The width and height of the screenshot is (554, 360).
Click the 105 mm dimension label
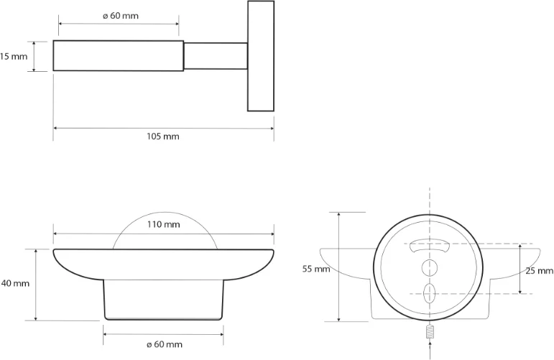click(x=163, y=137)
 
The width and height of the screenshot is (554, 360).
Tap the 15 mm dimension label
click(x=14, y=56)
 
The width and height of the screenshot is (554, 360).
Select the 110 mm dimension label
click(x=164, y=224)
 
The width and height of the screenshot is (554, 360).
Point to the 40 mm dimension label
click(x=15, y=283)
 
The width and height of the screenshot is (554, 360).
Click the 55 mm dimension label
click(x=316, y=269)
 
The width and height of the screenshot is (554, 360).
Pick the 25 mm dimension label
click(x=539, y=271)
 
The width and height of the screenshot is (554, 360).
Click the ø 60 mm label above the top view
click(x=121, y=16)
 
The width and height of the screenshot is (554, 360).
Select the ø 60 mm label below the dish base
click(x=165, y=344)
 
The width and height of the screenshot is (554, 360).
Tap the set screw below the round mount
click(x=430, y=331)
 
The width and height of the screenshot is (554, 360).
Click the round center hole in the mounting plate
click(x=430, y=268)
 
